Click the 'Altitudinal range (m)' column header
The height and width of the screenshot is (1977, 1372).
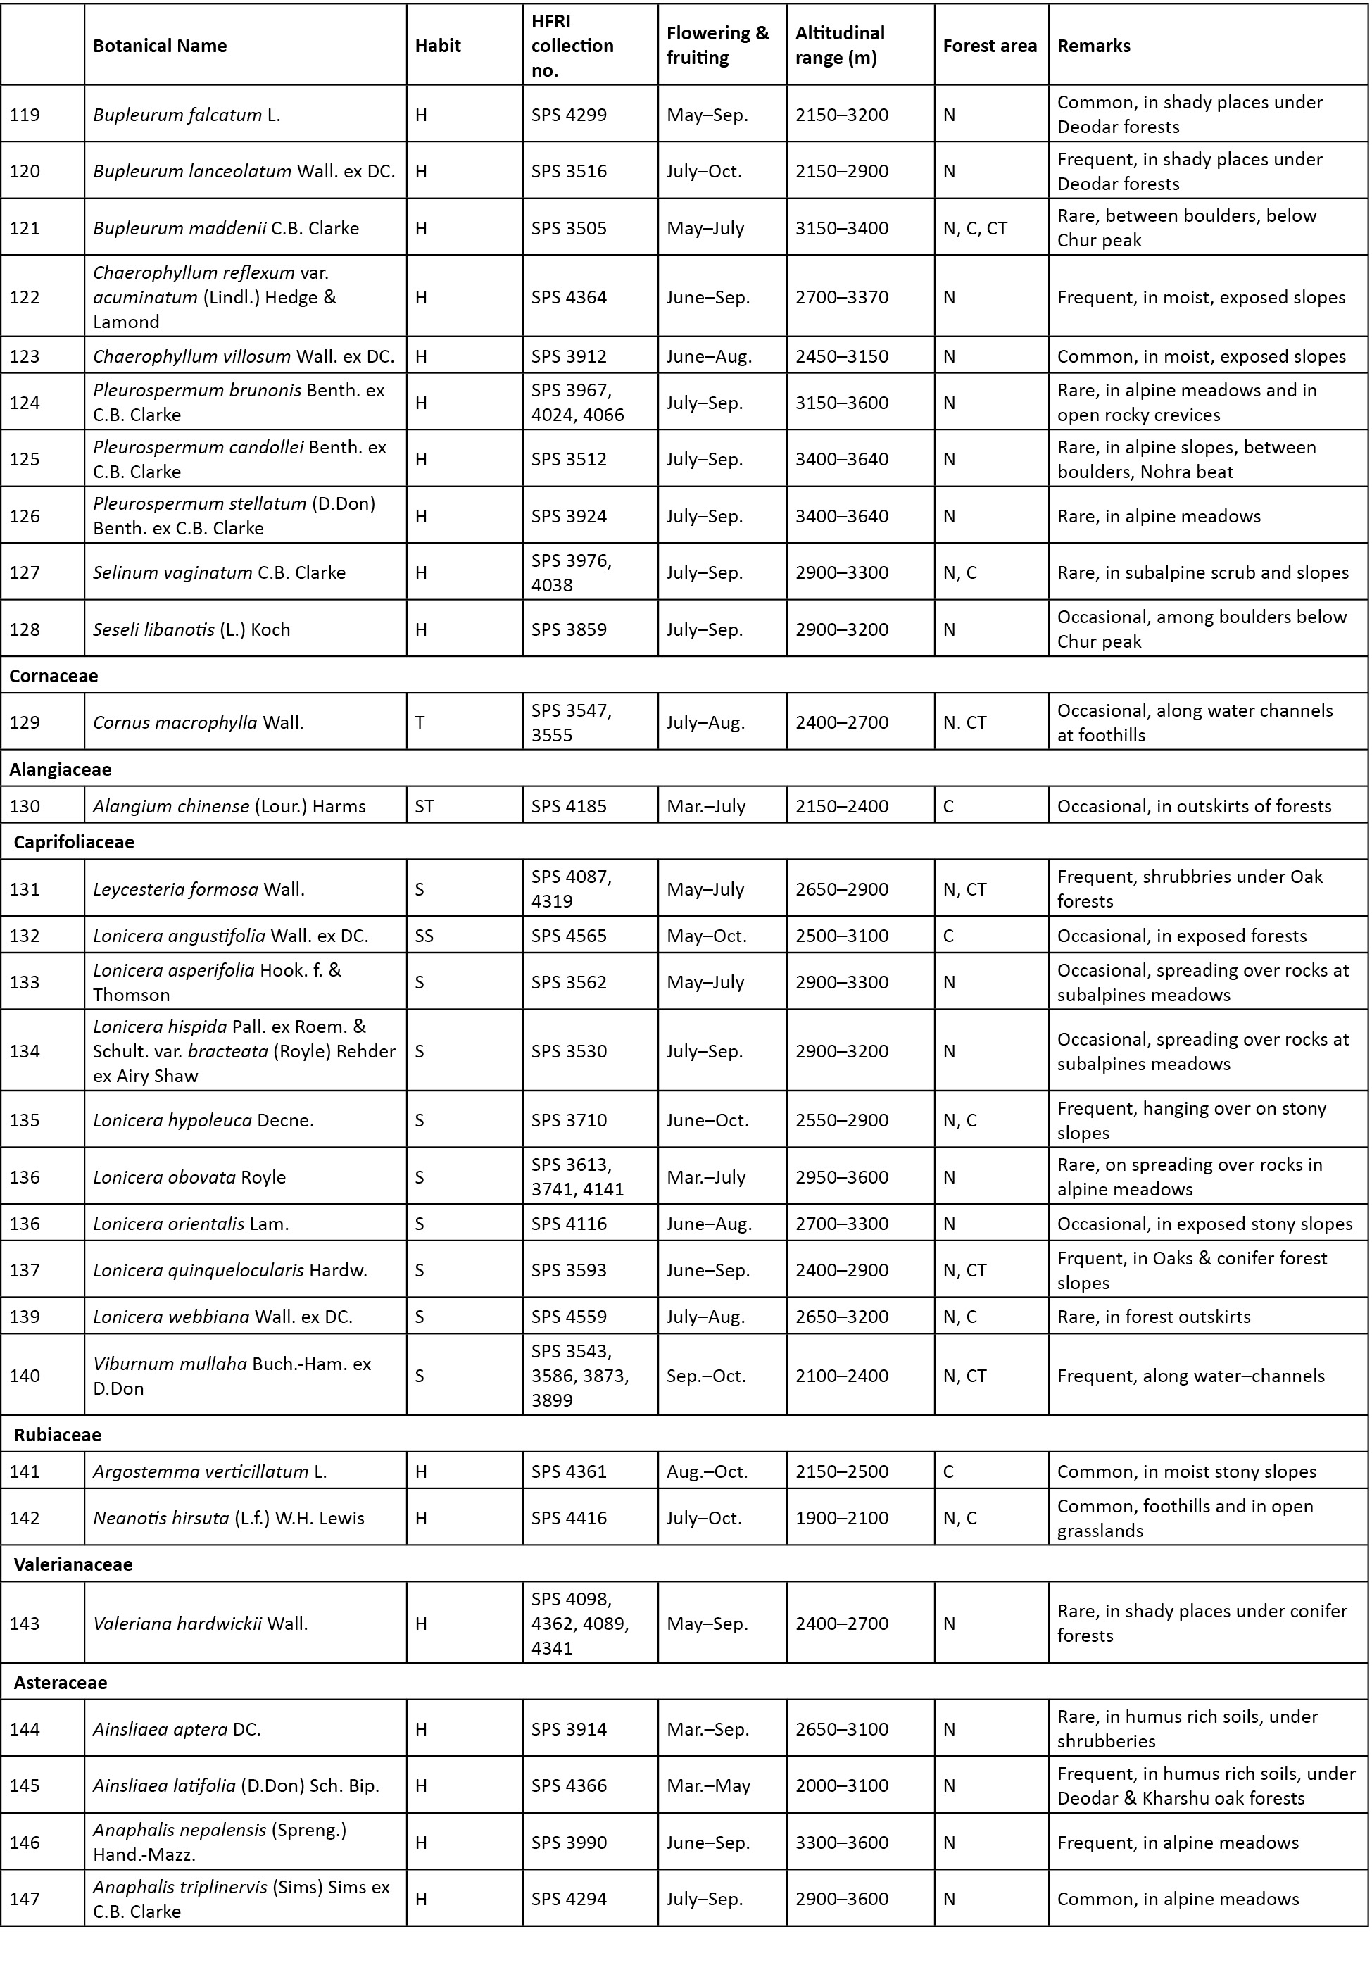tap(840, 46)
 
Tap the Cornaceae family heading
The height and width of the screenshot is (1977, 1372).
tap(54, 676)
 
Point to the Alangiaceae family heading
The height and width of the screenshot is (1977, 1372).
tap(60, 770)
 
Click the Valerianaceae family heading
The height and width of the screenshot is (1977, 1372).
tap(73, 1564)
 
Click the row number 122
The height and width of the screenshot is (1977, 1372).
tap(25, 297)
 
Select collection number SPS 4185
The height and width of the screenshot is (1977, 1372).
tap(569, 806)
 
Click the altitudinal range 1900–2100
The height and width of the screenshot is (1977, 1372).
tap(842, 1518)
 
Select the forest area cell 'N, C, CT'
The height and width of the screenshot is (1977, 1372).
tap(975, 228)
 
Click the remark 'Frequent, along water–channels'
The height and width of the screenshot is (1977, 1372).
tap(1190, 1375)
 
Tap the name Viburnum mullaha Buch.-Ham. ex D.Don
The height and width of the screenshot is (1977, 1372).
tap(232, 1375)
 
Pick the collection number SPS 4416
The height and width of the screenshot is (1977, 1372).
tap(569, 1518)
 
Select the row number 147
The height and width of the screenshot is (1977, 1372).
tap(25, 1899)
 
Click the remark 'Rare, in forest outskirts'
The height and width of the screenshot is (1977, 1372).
tap(1154, 1316)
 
